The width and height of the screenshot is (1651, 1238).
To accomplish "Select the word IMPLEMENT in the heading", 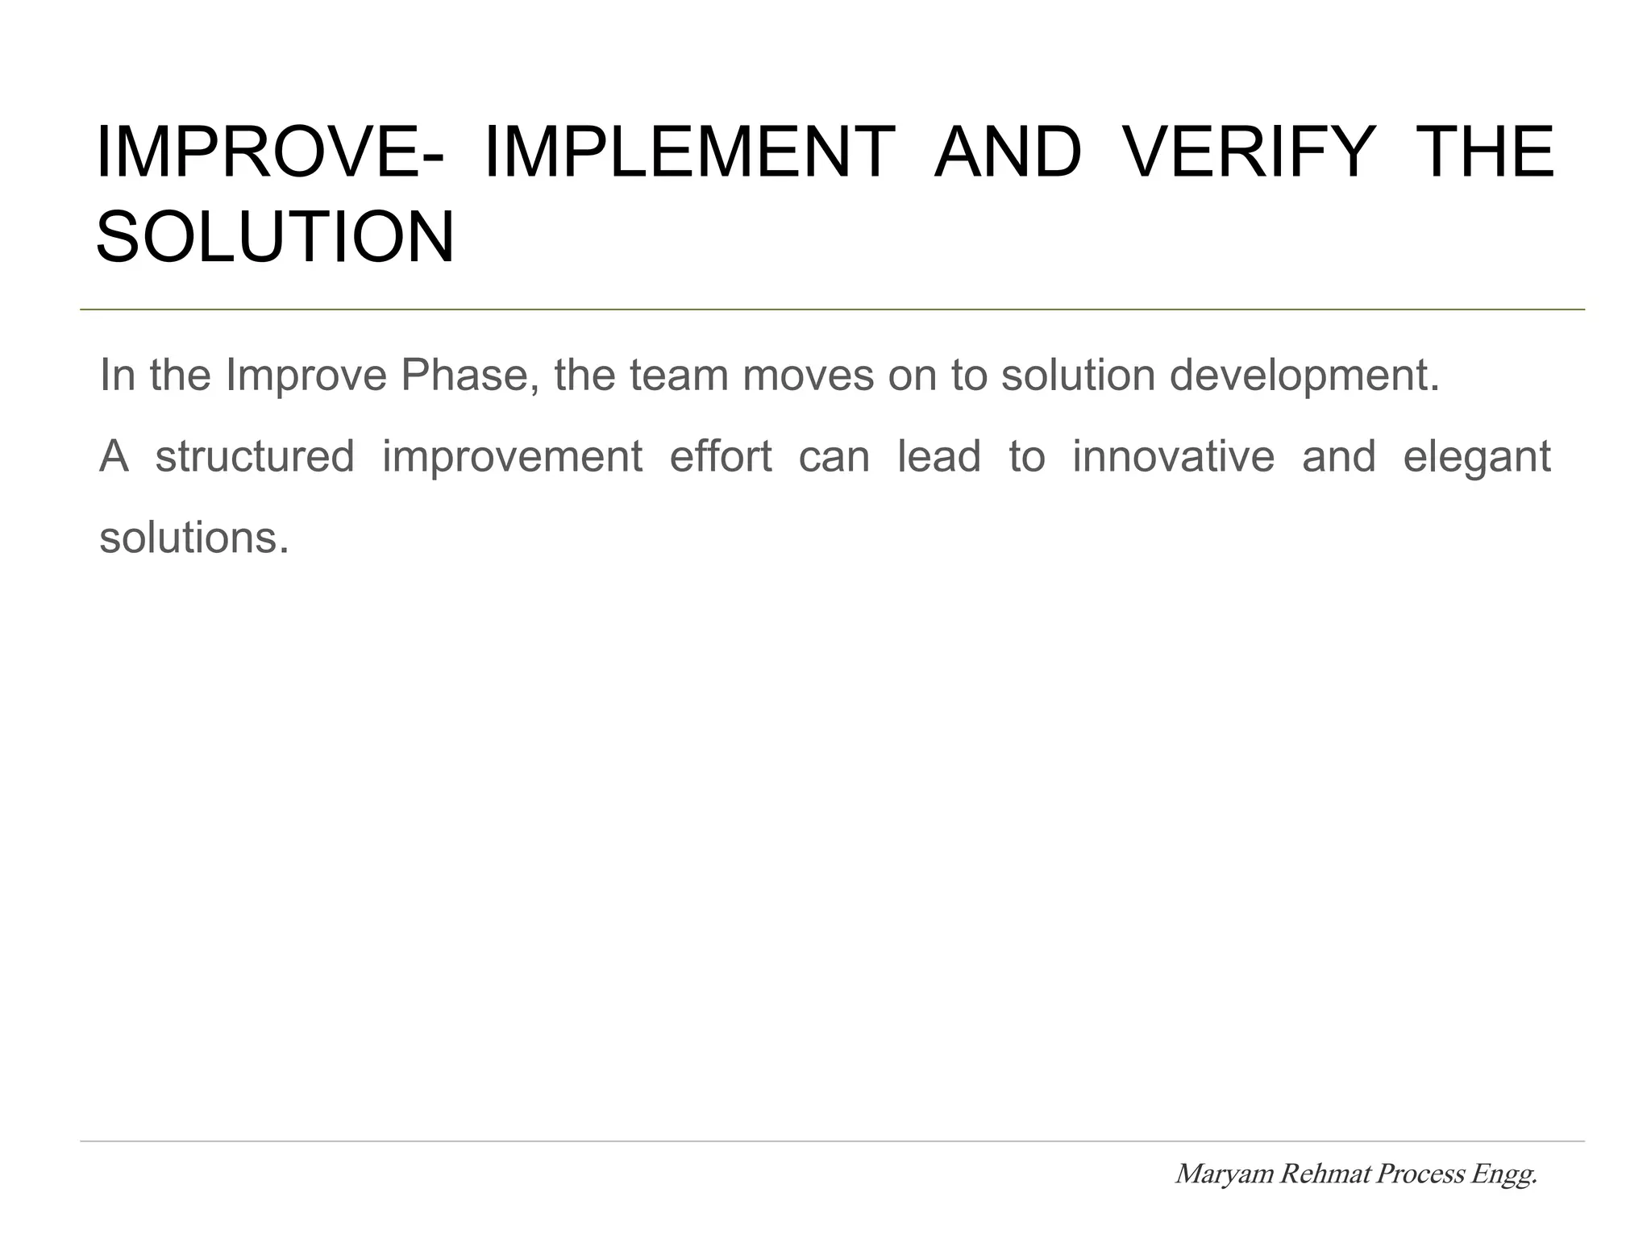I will pyautogui.click(x=688, y=152).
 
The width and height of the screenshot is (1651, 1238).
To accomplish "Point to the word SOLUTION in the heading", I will pyautogui.click(x=275, y=238).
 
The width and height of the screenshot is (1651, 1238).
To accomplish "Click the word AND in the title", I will pyautogui.click(x=1007, y=152).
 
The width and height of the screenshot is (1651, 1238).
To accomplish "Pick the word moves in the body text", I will pyautogui.click(x=808, y=376).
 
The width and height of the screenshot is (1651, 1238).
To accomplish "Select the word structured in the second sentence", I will pyautogui.click(x=255, y=456).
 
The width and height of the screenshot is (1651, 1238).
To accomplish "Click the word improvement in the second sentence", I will pyautogui.click(x=512, y=456).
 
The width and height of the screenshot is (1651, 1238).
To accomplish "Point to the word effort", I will pyautogui.click(x=721, y=456).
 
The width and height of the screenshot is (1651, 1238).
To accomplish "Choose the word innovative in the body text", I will pyautogui.click(x=1173, y=456).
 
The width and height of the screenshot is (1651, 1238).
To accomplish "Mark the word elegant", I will pyautogui.click(x=1476, y=458).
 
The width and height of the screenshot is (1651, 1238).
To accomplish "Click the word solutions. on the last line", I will pyautogui.click(x=193, y=538).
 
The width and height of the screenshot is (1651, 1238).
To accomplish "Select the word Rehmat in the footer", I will pyautogui.click(x=1325, y=1174).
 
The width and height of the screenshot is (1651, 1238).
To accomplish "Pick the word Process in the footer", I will pyautogui.click(x=1420, y=1174).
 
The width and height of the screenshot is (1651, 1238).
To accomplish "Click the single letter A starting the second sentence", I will pyautogui.click(x=114, y=456).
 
